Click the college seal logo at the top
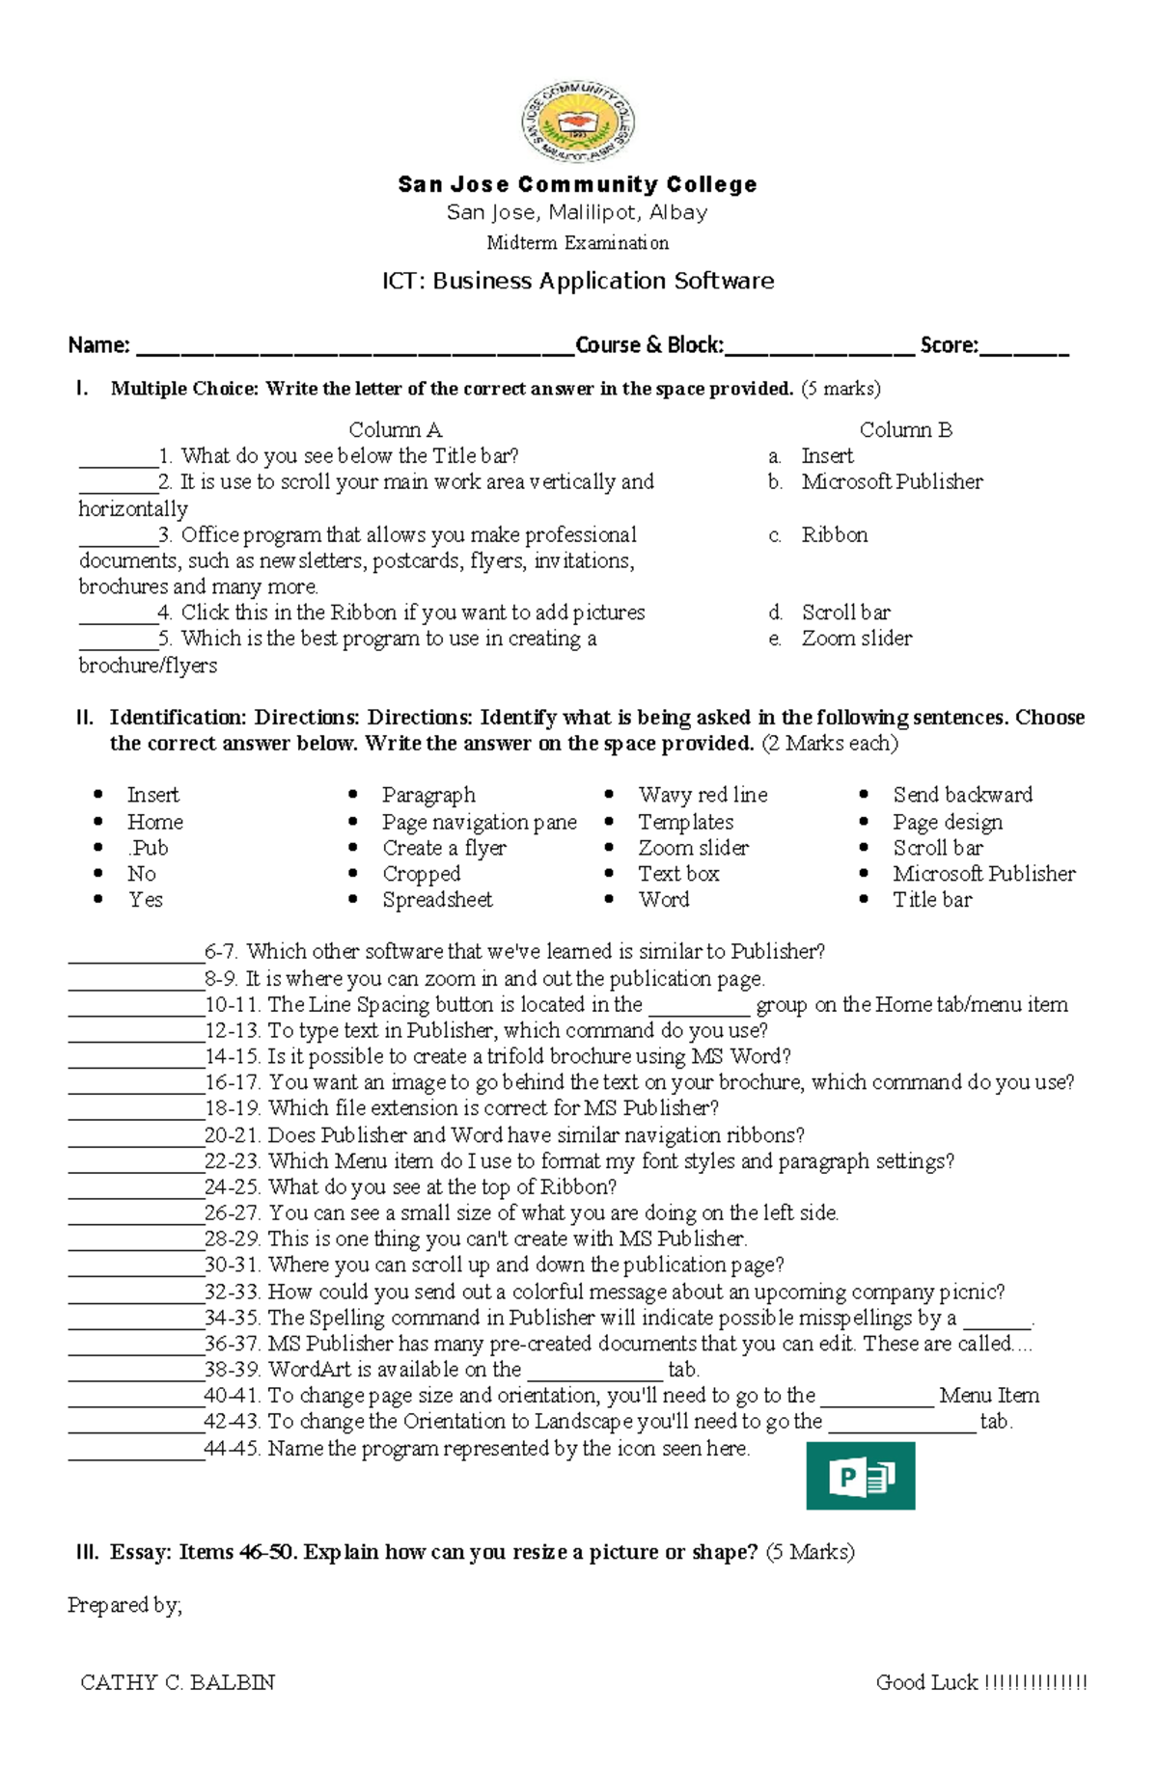coord(578,123)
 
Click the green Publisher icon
coord(860,1476)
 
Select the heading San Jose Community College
coord(577,184)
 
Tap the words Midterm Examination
coord(577,243)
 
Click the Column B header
coord(905,430)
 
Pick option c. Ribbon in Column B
coord(833,534)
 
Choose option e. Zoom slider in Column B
coord(855,639)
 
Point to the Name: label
coord(98,345)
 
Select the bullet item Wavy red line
coord(703,795)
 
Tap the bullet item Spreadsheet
coord(437,900)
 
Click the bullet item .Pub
coord(148,848)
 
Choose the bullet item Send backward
coord(962,795)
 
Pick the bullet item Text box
coord(678,874)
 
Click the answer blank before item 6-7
coord(135,953)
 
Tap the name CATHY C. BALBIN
coord(178,1682)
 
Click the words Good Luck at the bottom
coord(926,1682)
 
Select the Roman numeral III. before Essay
coord(87,1552)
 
